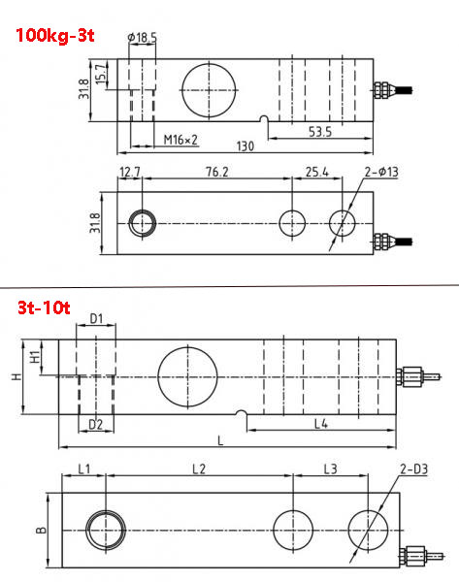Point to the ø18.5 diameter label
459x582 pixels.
(142, 37)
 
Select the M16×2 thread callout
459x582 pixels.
(180, 140)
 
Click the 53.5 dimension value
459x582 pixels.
(321, 129)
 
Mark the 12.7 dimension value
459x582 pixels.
(131, 173)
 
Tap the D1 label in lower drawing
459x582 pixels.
(95, 318)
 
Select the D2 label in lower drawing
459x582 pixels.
(95, 424)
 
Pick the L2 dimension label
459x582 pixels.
(198, 469)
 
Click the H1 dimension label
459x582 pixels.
(36, 357)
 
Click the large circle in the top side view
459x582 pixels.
(207, 90)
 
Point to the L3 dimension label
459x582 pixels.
(330, 469)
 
